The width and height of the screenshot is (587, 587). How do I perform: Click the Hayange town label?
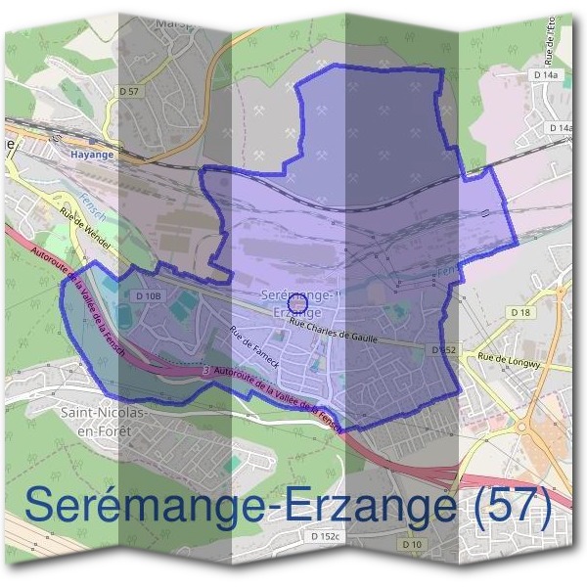[x=94, y=154]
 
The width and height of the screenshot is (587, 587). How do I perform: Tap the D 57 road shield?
[x=134, y=91]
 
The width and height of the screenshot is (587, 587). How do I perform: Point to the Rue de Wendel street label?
[x=85, y=226]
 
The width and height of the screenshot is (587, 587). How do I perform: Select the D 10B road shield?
[x=148, y=295]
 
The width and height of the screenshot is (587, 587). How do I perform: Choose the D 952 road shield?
[x=443, y=348]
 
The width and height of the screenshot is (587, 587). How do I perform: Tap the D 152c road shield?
[x=325, y=536]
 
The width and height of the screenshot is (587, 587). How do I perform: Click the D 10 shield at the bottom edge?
[x=411, y=543]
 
